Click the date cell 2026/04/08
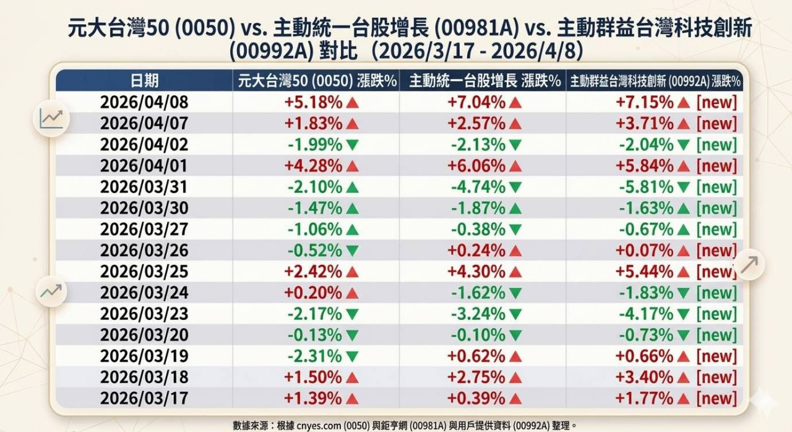pos(144,102)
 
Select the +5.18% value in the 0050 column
pos(313,102)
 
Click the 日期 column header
pos(144,80)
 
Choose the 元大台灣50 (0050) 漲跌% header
pos(316,80)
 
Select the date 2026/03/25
pos(144,272)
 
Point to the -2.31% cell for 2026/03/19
pos(313,356)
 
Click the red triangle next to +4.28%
pos(352,166)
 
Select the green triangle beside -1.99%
pos(352,145)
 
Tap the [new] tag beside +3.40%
pos(717,377)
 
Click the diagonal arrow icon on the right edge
pos(750,264)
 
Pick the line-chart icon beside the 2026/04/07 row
pos(51,118)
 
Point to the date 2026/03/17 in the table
pos(144,398)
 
